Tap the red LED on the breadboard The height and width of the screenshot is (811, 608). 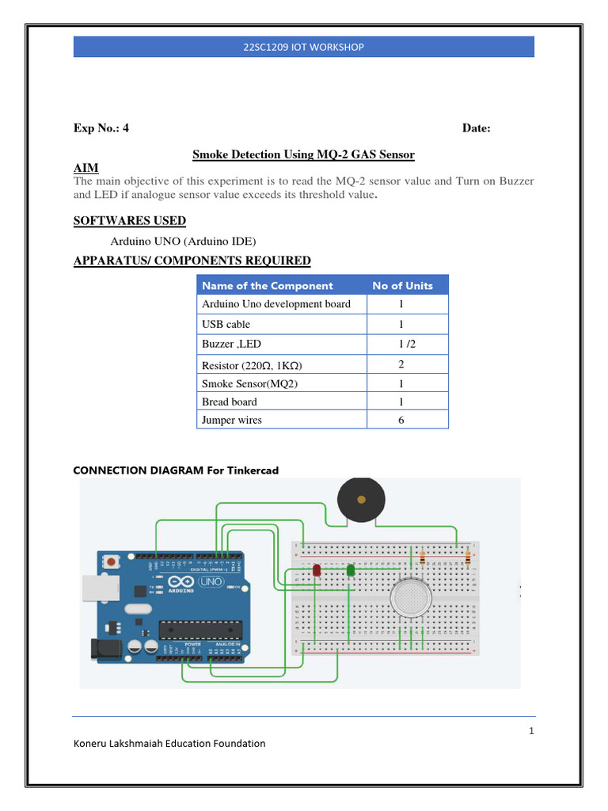click(317, 569)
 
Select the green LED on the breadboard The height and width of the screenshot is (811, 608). click(351, 569)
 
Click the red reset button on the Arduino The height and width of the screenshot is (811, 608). click(110, 562)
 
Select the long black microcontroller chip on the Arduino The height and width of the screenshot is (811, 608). click(198, 630)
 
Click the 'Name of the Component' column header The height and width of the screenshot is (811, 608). click(268, 286)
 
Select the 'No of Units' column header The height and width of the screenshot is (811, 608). click(402, 286)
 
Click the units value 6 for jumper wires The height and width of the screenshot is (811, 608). click(401, 420)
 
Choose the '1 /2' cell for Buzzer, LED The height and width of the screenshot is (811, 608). click(401, 345)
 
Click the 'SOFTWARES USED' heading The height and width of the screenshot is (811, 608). click(129, 221)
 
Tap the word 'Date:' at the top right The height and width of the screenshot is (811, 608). click(476, 128)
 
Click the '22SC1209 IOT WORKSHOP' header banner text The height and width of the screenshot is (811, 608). click(303, 48)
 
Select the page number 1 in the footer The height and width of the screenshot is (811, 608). click(531, 731)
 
